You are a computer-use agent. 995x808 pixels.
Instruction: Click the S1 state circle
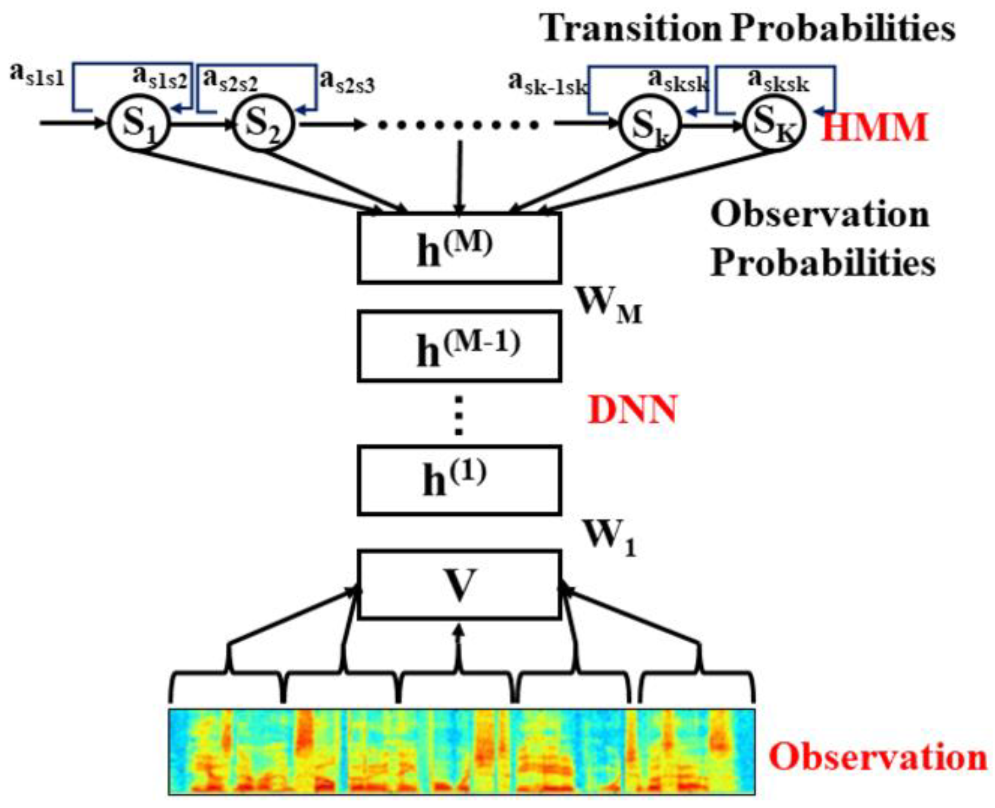138,124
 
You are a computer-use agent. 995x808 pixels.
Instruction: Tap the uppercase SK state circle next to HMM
774,123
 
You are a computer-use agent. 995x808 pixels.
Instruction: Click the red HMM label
874,128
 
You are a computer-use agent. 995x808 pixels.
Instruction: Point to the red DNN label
632,410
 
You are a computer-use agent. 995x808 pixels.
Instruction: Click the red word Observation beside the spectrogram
878,757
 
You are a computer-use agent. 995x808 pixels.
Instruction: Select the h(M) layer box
459,248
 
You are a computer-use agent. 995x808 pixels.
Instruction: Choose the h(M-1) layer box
459,346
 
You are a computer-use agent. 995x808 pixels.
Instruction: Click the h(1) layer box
459,480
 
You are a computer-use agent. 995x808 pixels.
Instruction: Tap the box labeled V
459,585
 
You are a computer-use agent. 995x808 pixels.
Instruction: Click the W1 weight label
609,537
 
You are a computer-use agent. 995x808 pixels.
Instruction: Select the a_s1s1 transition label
37,74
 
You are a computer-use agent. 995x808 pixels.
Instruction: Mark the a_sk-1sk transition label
547,84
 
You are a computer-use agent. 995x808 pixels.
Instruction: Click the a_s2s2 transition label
230,80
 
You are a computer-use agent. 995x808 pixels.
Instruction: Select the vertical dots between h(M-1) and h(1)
459,416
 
